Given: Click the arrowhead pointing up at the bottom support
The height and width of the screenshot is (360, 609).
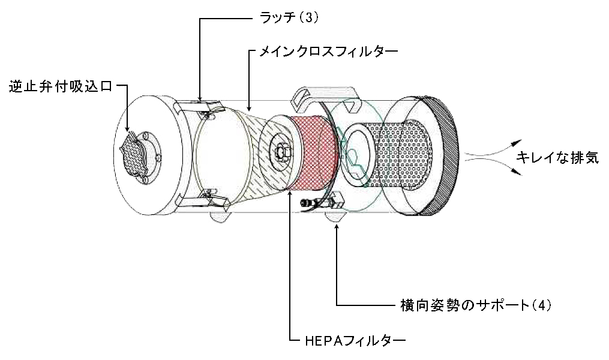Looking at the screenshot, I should pyautogui.click(x=338, y=229).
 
